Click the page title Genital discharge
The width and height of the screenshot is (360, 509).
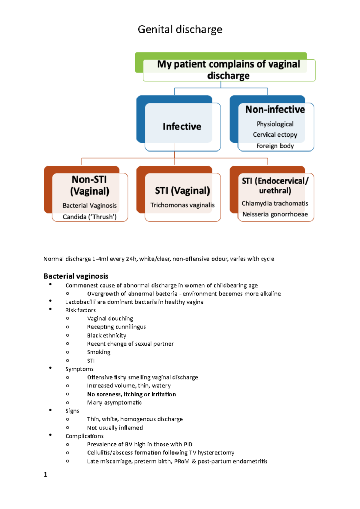pos(180,29)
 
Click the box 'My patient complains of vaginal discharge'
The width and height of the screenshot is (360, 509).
pos(229,70)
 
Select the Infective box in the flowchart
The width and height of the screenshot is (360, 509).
pos(182,127)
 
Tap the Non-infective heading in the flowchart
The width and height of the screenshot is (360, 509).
pos(275,109)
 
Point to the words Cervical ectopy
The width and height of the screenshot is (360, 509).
pos(275,135)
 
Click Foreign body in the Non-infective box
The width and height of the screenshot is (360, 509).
pos(275,146)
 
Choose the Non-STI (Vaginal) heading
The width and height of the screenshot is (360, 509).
pos(89,185)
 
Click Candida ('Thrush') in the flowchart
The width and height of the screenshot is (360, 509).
pos(89,217)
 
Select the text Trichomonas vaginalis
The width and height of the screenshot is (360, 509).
pos(182,205)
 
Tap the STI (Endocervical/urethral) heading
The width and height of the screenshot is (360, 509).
pos(275,186)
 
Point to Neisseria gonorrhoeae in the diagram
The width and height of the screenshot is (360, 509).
pos(275,214)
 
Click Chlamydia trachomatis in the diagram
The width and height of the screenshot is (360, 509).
pos(275,203)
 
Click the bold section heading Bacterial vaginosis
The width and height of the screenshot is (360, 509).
pos(76,276)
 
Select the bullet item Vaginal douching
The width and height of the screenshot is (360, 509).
pos(110,318)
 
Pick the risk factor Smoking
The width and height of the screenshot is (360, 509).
pos(99,352)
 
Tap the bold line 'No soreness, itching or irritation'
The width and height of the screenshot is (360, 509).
pos(131,394)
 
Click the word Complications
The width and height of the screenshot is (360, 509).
pos(84,436)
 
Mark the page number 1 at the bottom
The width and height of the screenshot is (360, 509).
pos(45,474)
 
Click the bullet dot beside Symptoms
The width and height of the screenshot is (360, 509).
pos(50,368)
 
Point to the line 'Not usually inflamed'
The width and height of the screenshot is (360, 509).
pos(115,428)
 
